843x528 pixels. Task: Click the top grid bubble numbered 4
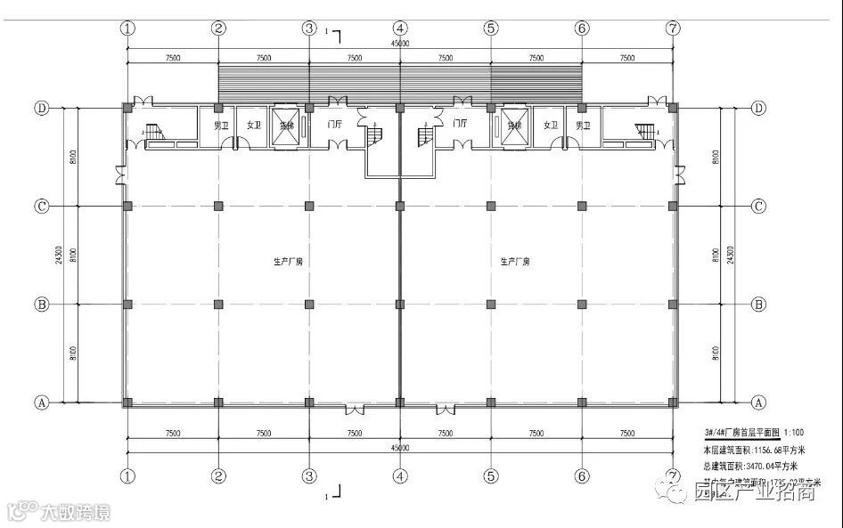tap(400, 28)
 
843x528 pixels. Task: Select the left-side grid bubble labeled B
tap(41, 305)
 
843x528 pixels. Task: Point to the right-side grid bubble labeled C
tap(758, 206)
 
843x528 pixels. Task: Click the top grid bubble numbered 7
tap(672, 28)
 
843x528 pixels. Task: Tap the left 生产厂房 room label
tap(288, 262)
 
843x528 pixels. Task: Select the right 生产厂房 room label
tap(514, 262)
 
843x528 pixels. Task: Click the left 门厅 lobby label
tap(335, 126)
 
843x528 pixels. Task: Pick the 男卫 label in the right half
tap(583, 126)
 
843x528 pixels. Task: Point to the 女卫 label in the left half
tap(253, 126)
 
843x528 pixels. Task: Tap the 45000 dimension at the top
tap(400, 43)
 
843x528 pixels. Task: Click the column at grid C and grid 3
tap(309, 206)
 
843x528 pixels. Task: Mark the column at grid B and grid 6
tap(581, 305)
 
